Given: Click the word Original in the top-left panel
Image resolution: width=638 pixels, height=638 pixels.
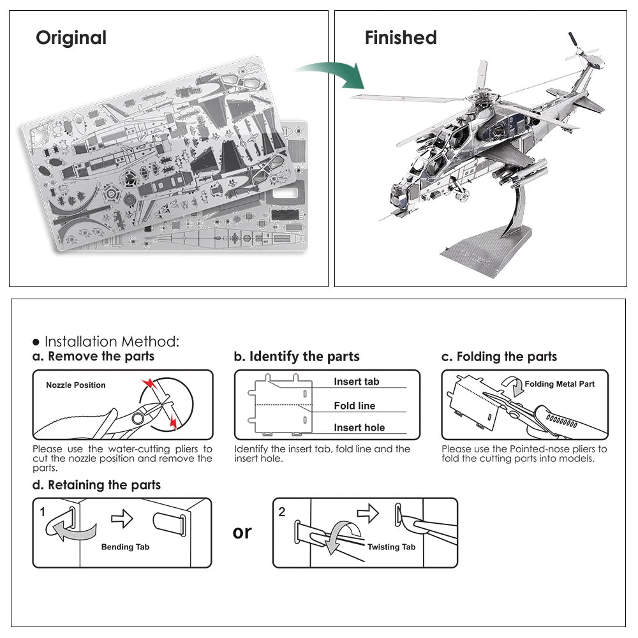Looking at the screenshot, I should pyautogui.click(x=71, y=38).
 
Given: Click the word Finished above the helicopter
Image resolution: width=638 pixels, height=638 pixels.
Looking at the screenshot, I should pyautogui.click(x=401, y=38).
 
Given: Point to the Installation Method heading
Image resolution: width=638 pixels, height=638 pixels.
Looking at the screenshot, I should pyautogui.click(x=111, y=341).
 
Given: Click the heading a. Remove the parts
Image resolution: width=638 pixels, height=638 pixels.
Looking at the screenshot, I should pyautogui.click(x=93, y=357).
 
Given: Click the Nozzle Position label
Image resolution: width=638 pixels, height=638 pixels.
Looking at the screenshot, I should pyautogui.click(x=75, y=385).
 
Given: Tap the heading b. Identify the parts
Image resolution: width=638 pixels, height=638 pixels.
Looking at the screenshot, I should pyautogui.click(x=297, y=357).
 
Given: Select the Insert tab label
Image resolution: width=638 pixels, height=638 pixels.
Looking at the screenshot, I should pyautogui.click(x=356, y=382).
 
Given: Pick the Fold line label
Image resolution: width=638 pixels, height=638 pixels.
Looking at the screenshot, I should pyautogui.click(x=354, y=406).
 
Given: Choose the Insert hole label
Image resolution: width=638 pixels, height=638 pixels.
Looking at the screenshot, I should pyautogui.click(x=359, y=428).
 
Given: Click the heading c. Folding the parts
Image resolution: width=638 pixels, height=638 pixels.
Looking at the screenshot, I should pyautogui.click(x=499, y=357).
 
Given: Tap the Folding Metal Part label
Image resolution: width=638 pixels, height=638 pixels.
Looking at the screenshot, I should pyautogui.click(x=559, y=384).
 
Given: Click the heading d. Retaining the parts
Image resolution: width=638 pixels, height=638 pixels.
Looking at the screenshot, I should pyautogui.click(x=96, y=485).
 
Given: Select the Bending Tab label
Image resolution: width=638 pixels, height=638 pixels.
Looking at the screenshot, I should pyautogui.click(x=125, y=547).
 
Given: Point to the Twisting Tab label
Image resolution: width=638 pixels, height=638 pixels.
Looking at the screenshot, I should pyautogui.click(x=391, y=547).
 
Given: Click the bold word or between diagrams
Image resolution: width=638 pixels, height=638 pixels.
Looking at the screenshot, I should pyautogui.click(x=242, y=531).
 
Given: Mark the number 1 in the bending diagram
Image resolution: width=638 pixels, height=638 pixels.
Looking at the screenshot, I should pyautogui.click(x=43, y=512).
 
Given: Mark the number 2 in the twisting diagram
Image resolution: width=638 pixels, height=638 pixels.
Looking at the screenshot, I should pyautogui.click(x=282, y=512).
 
